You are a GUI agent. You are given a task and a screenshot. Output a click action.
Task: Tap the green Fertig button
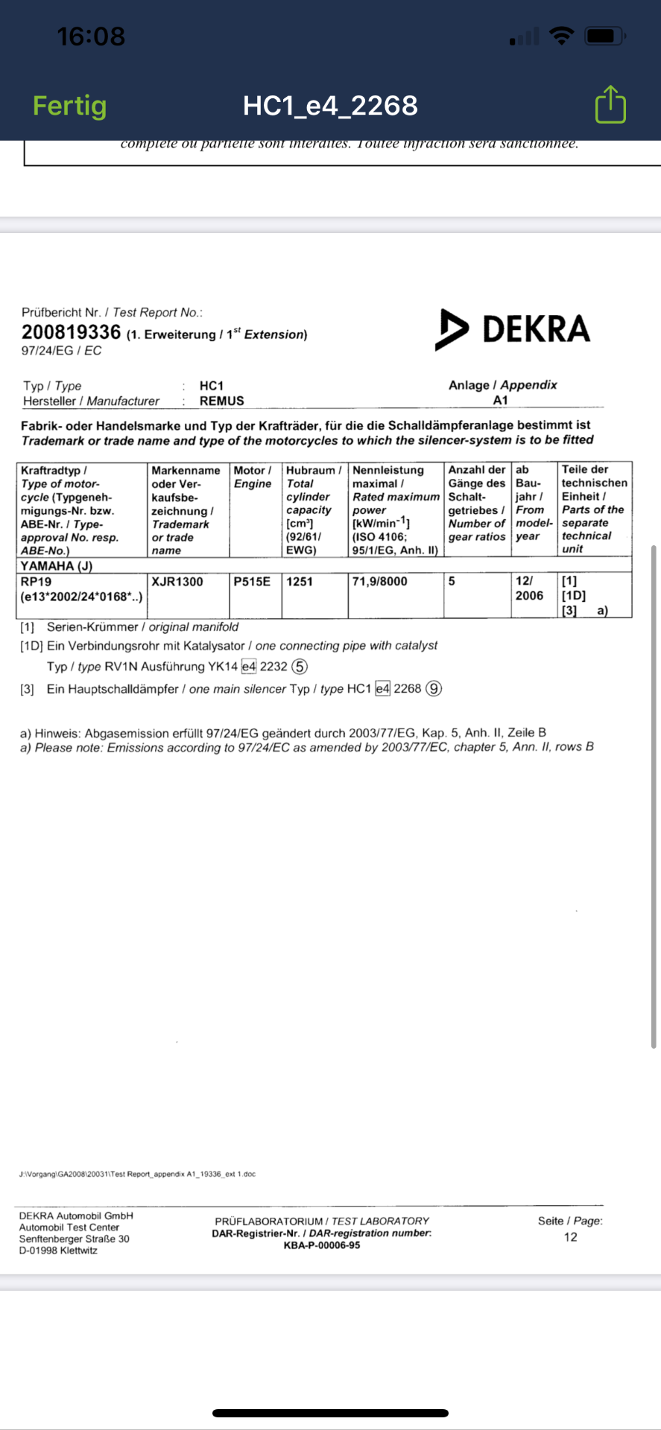coord(69,106)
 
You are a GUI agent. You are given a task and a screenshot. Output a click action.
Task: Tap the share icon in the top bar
coord(610,105)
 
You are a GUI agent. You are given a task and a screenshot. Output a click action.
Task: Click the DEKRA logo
coord(513,329)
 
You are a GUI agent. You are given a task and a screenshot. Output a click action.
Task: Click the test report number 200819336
coord(71,332)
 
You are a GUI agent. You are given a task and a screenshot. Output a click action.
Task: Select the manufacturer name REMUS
coord(221,401)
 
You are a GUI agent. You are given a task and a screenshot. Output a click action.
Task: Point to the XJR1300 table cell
coord(177,582)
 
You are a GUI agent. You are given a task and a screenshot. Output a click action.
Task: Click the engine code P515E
coord(252,582)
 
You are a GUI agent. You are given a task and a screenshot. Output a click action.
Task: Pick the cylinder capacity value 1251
coord(300,582)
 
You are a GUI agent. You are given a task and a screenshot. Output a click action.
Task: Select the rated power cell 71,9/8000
coord(380,582)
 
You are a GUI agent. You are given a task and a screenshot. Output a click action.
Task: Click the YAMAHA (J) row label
coord(57,566)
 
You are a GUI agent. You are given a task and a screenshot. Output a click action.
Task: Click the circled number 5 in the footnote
coord(300,667)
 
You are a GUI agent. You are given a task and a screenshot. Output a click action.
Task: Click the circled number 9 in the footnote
coord(434,689)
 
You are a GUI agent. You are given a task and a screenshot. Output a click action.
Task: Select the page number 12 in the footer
coord(570,1237)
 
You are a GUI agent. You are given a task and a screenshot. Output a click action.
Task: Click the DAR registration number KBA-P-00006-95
coord(322,1245)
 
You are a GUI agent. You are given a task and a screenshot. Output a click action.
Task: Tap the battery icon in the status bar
coord(604,36)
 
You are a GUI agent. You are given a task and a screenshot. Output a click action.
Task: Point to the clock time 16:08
coord(91,36)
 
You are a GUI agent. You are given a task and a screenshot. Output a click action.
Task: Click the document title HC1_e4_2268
coord(330,106)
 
